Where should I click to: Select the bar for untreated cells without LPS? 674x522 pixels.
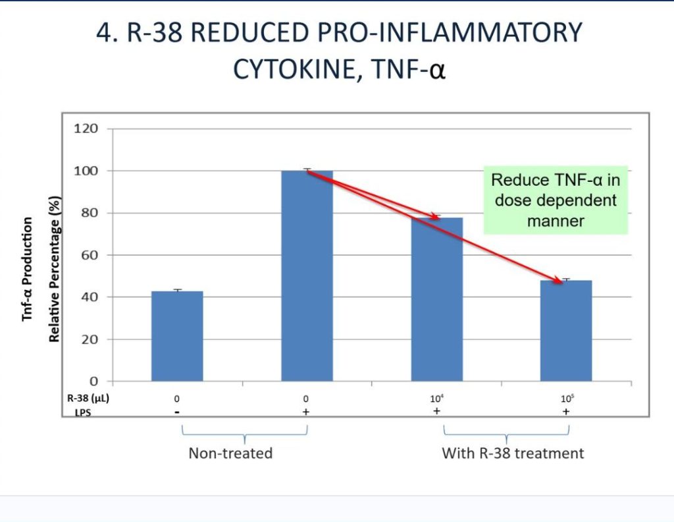click(177, 336)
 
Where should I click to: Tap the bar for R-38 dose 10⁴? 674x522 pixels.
click(436, 299)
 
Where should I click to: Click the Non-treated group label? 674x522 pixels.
click(230, 453)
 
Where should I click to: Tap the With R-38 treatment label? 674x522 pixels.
click(513, 453)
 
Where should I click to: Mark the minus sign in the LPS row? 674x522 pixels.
click(177, 411)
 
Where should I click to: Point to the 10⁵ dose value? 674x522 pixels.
click(565, 399)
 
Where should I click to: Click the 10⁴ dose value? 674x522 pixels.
click(436, 399)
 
